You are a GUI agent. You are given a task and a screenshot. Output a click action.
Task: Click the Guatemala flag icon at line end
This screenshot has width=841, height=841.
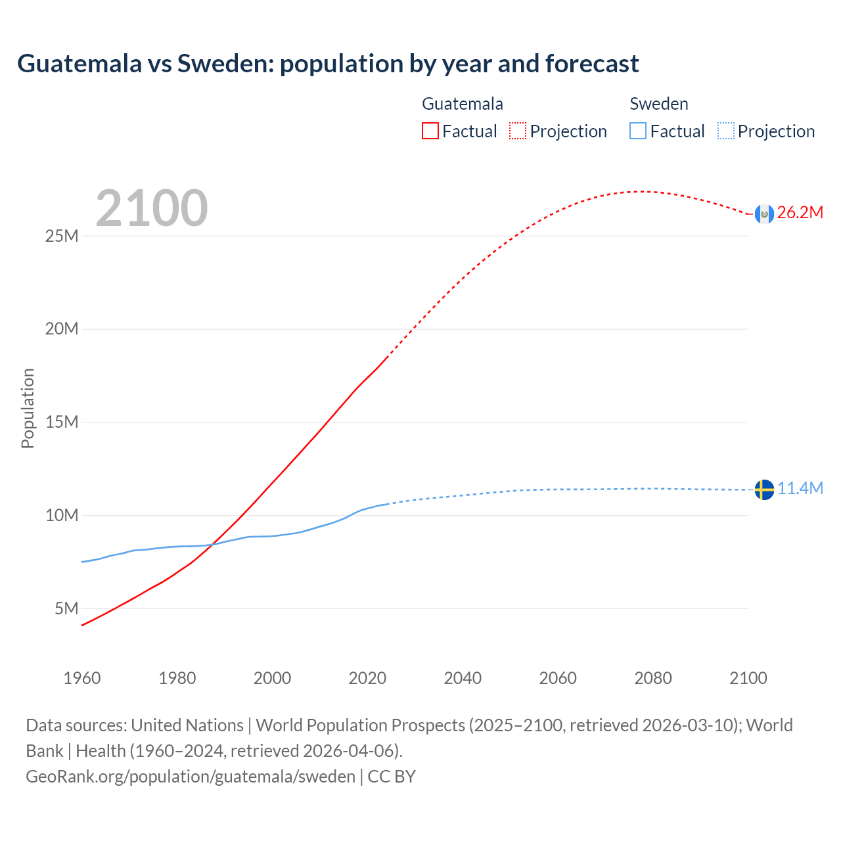(764, 214)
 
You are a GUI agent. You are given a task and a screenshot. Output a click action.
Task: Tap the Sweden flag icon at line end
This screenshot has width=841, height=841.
(764, 489)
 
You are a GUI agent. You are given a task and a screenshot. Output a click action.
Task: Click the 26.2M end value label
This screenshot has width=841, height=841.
(800, 212)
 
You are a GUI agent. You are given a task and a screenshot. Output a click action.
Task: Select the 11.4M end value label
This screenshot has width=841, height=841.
(800, 488)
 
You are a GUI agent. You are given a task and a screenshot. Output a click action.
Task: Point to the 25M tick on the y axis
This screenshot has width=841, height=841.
(62, 236)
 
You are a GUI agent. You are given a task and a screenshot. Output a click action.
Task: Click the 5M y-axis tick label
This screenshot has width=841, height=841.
(66, 608)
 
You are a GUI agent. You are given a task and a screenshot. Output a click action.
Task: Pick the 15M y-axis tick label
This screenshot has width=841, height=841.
(62, 422)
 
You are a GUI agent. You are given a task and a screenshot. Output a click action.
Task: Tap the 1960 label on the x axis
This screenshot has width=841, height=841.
(82, 678)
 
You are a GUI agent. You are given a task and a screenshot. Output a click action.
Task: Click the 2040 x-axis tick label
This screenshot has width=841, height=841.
(463, 678)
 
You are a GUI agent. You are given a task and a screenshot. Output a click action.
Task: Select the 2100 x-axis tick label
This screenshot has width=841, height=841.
(748, 678)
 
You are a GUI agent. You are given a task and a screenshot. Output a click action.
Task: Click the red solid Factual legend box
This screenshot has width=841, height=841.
(430, 131)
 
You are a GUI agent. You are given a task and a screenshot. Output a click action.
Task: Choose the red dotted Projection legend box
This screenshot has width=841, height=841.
(518, 131)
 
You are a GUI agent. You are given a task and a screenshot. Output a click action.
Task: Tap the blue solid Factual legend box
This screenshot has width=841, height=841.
(638, 131)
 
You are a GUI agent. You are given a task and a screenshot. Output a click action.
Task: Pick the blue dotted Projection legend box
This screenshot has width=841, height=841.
(725, 131)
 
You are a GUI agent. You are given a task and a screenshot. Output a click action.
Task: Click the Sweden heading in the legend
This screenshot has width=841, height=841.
(659, 104)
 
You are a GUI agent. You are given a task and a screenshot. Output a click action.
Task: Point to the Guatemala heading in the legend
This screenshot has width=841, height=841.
(463, 104)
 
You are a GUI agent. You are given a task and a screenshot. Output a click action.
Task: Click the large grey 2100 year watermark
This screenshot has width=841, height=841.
(152, 208)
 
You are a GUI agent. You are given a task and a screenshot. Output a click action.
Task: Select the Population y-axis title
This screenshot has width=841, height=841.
(28, 408)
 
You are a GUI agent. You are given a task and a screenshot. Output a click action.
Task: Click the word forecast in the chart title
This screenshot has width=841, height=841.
(592, 64)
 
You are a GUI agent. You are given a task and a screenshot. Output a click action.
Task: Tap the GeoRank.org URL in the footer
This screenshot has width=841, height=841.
(191, 777)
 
